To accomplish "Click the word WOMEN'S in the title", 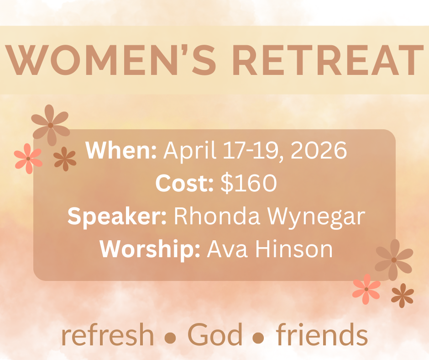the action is (110, 60).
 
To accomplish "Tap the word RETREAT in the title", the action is (328, 60).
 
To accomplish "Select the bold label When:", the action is (121, 150).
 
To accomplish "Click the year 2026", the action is (319, 150).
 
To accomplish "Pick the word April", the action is (190, 151).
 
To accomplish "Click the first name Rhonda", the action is (217, 216).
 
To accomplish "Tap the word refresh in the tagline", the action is (108, 334).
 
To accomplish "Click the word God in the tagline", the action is (215, 334).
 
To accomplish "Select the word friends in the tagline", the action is (322, 334).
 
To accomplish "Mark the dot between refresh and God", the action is (170, 338).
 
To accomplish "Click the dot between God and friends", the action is (258, 338).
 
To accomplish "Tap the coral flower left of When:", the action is (28, 159).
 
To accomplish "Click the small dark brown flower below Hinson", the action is (403, 296).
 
